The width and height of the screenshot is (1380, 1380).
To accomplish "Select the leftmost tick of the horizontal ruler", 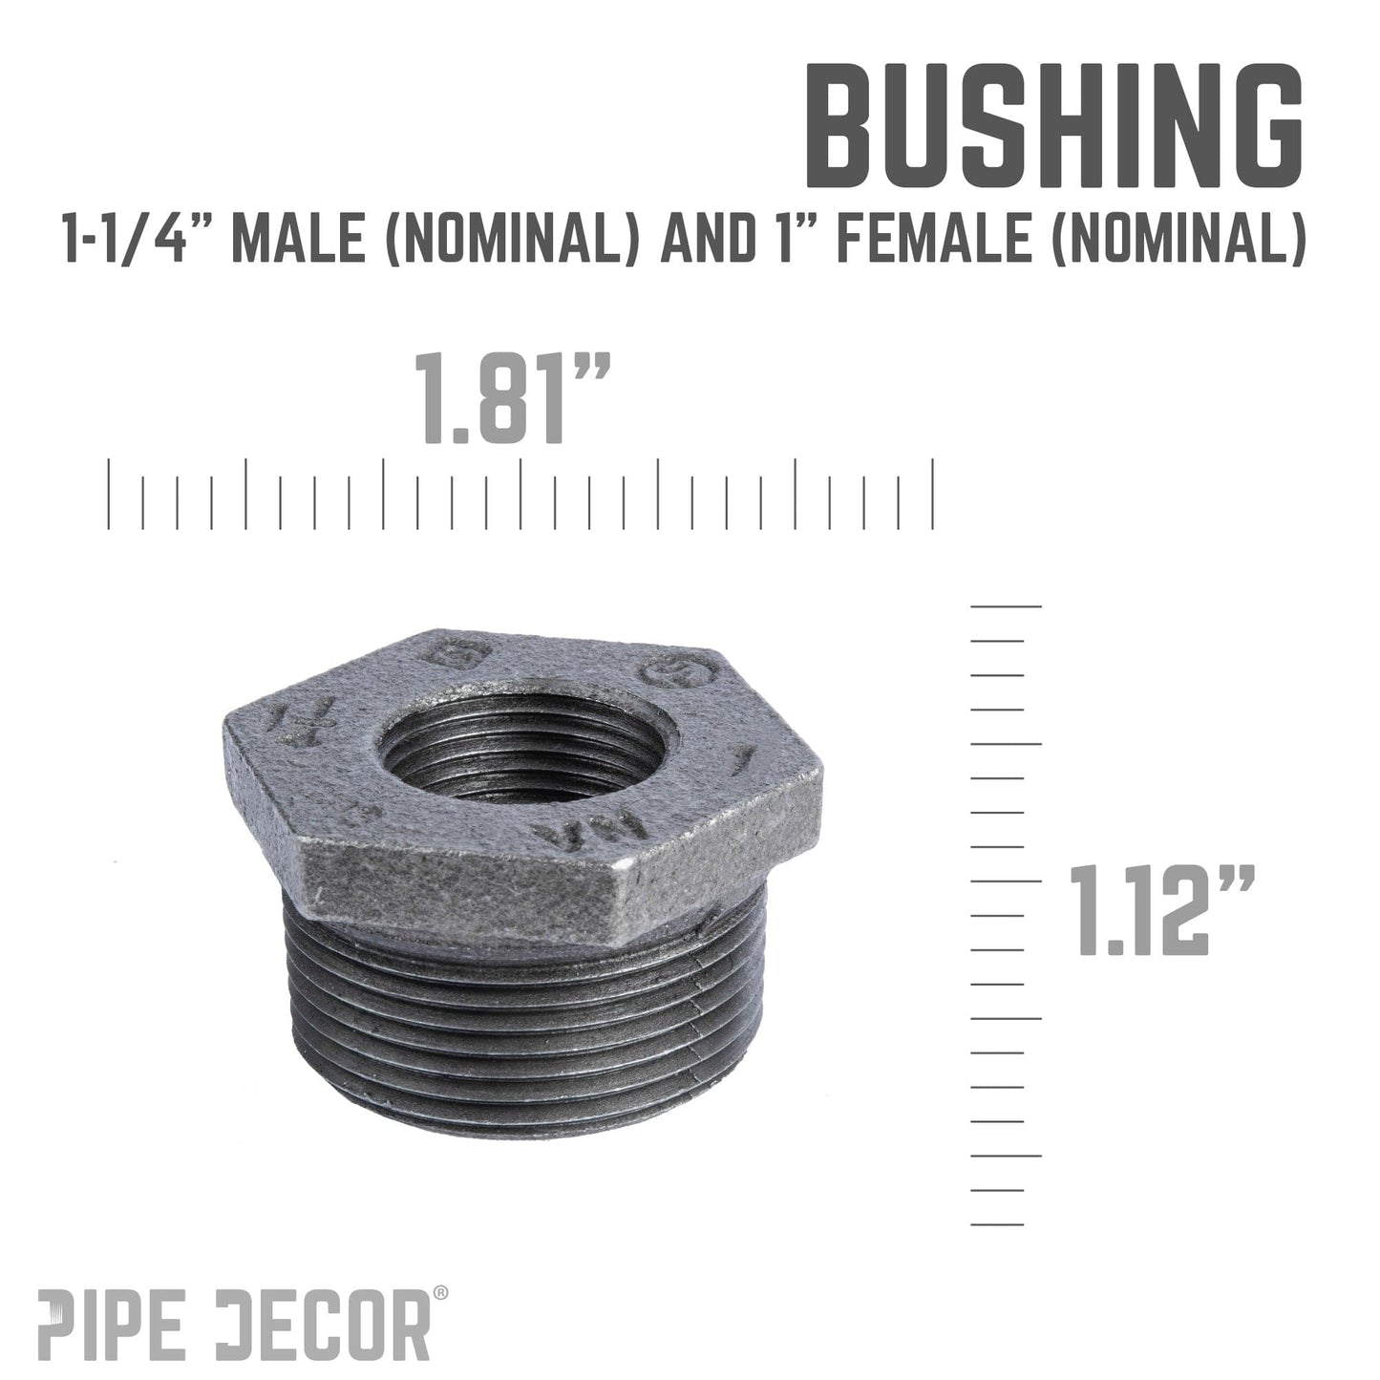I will (x=109, y=494).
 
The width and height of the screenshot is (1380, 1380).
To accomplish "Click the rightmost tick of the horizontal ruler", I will (x=932, y=494).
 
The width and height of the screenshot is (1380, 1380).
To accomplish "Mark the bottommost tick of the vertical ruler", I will (x=997, y=1224).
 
